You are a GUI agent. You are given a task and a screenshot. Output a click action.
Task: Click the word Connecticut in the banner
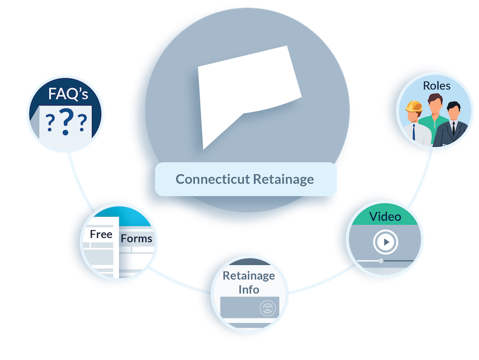pyautogui.click(x=212, y=179)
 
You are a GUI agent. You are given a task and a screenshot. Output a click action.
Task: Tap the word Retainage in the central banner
pyautogui.click(x=284, y=180)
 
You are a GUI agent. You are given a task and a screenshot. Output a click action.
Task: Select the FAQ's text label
pyautogui.click(x=68, y=94)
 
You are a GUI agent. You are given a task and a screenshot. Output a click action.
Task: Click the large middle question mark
pyautogui.click(x=67, y=122)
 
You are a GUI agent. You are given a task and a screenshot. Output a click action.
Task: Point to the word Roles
pyautogui.click(x=436, y=86)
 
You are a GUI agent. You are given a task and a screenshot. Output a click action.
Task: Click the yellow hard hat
pyautogui.click(x=414, y=106)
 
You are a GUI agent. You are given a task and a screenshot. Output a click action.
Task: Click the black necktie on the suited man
pyautogui.click(x=453, y=128)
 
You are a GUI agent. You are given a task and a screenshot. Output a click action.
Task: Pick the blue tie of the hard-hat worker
pyautogui.click(x=414, y=132)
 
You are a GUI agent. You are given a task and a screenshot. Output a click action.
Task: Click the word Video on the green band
pyautogui.click(x=385, y=216)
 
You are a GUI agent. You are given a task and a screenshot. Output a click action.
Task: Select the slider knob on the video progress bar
pyautogui.click(x=381, y=261)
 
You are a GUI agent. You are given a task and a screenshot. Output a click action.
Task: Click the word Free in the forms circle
pyautogui.click(x=101, y=234)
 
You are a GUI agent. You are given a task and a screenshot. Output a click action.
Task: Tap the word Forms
pyautogui.click(x=136, y=238)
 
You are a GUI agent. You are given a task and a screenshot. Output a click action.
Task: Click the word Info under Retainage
pyautogui.click(x=249, y=289)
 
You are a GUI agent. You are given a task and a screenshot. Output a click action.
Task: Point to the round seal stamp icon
pyautogui.click(x=268, y=308)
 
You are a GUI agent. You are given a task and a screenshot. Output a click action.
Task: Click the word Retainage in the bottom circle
pyautogui.click(x=249, y=276)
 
